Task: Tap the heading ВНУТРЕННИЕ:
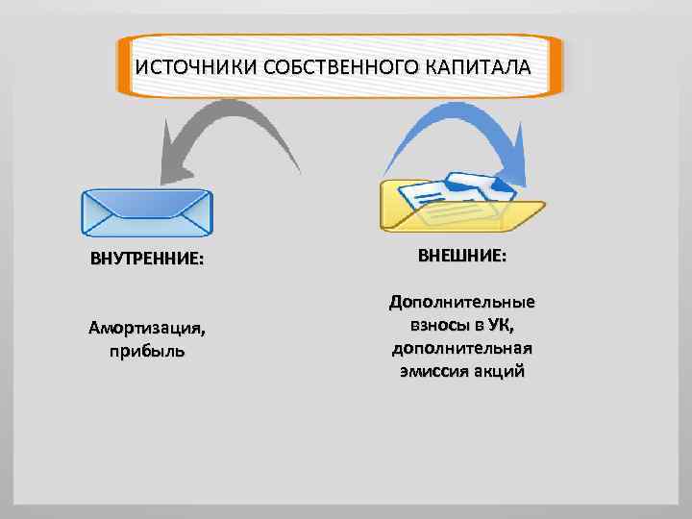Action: [147, 260]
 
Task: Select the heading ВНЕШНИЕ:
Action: [462, 258]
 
